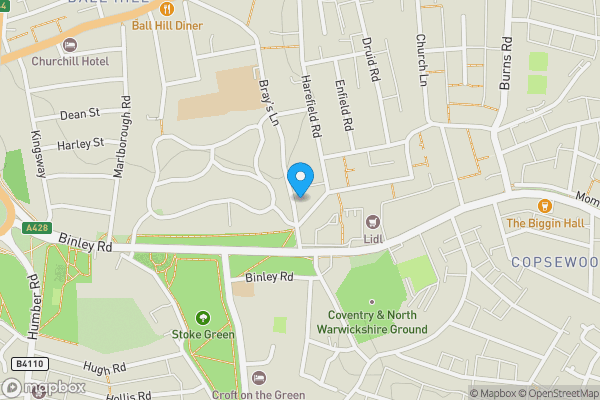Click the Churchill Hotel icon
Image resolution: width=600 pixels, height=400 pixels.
(69, 44)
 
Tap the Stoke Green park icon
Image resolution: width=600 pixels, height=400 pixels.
(203, 318)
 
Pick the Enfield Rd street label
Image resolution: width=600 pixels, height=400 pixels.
(345, 106)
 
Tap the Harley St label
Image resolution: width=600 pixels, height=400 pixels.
(81, 144)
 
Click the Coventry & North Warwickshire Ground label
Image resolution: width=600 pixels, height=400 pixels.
(371, 322)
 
